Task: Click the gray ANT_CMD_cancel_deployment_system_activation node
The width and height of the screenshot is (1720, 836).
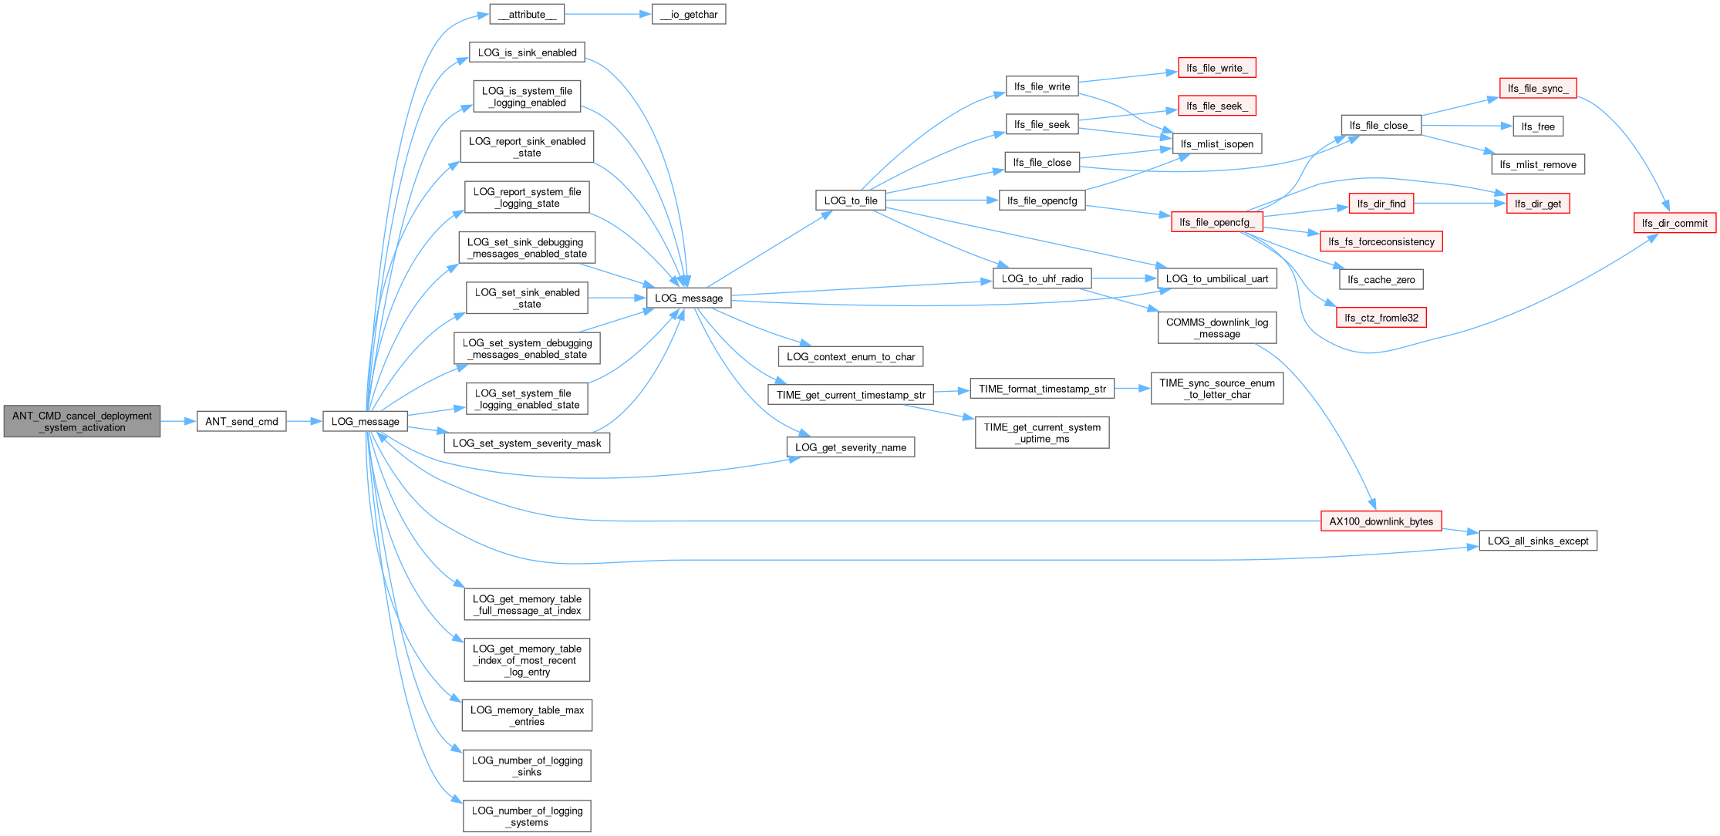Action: (82, 421)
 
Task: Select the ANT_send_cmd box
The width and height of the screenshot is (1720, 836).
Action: (241, 421)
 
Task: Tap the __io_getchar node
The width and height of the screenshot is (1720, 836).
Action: (689, 14)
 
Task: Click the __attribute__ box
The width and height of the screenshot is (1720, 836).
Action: (527, 14)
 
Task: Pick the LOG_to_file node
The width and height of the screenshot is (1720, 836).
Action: (851, 201)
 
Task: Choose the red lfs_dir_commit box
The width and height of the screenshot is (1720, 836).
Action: (1674, 223)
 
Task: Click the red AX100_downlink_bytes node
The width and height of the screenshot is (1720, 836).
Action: (1381, 521)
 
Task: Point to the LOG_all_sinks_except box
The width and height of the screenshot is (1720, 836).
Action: (1538, 541)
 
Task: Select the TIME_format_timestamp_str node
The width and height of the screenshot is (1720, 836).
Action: (1042, 389)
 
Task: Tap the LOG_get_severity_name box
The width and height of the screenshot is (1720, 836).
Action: (851, 447)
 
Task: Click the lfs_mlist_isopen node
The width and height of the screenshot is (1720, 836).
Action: (1217, 143)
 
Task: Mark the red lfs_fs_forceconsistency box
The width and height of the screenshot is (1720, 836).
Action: (1381, 241)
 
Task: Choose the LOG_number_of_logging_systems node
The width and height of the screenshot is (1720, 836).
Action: (528, 816)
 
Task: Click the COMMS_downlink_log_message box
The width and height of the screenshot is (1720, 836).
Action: (1217, 328)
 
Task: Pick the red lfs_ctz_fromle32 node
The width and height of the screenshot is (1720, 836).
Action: (1381, 318)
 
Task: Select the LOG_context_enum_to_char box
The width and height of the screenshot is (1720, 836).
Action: (851, 356)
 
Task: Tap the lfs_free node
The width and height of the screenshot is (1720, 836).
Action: (1538, 126)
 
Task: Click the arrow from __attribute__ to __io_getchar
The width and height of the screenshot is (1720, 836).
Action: (608, 14)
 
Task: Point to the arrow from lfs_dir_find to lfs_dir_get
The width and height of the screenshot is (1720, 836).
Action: (1460, 204)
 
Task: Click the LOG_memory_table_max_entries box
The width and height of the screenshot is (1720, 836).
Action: (528, 716)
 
